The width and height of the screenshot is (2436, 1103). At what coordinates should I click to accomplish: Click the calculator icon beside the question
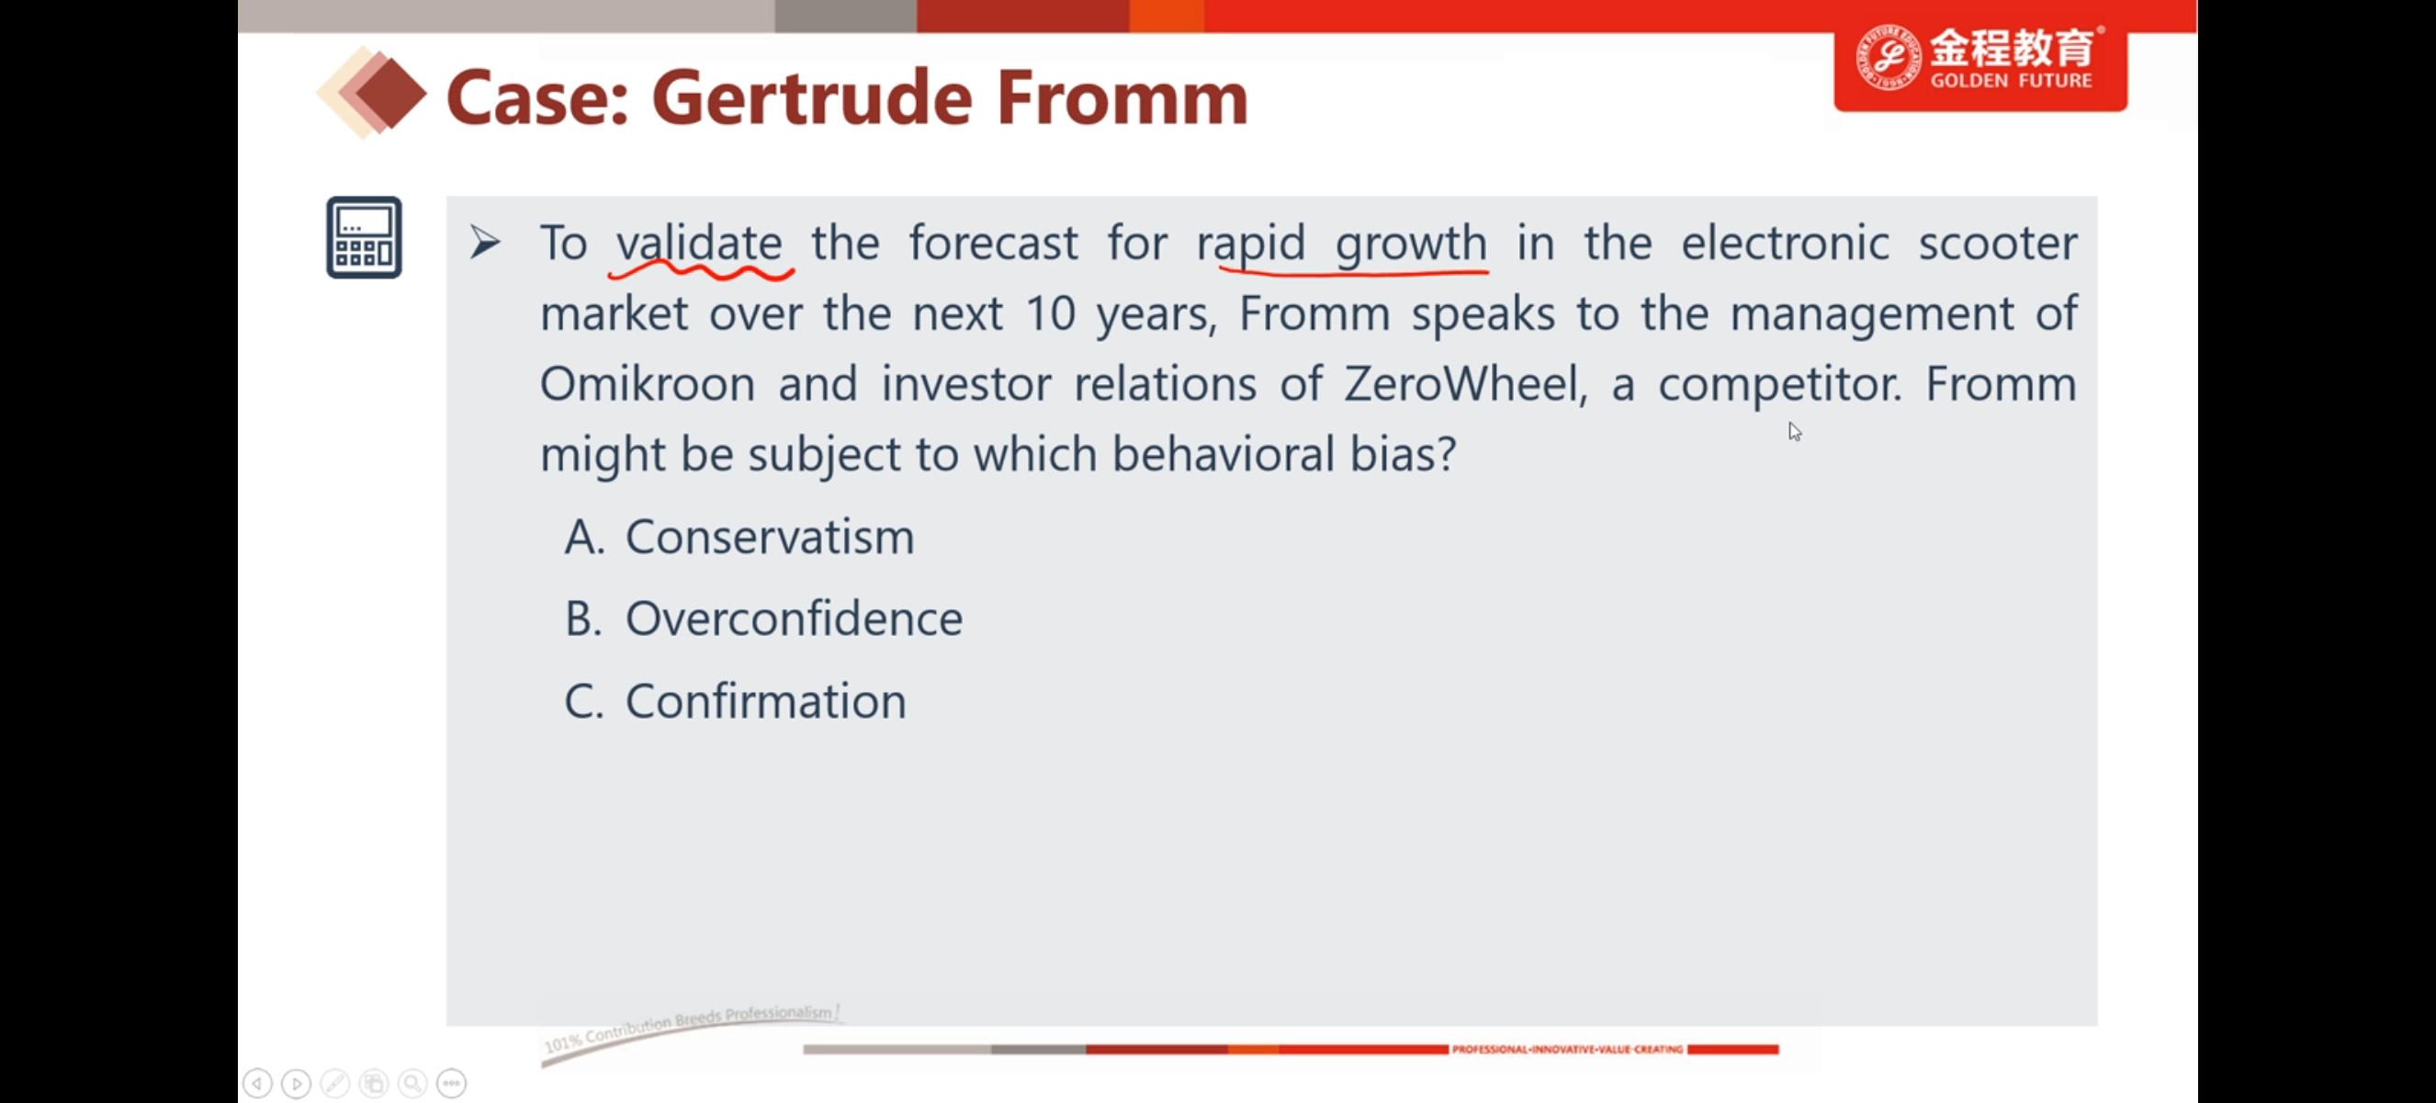tap(364, 237)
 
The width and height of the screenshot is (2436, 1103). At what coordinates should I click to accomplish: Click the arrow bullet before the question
tap(485, 243)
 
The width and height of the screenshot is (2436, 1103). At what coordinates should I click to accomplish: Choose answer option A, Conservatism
tap(739, 538)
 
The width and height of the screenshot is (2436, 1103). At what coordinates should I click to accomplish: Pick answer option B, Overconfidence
tap(764, 619)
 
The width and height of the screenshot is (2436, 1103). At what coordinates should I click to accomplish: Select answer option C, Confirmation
tap(736, 701)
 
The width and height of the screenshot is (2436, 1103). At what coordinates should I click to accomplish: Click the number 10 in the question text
tap(1051, 314)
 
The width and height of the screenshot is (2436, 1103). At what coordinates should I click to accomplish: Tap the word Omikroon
tap(648, 384)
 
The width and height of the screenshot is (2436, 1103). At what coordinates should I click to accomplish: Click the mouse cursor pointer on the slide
tap(1795, 431)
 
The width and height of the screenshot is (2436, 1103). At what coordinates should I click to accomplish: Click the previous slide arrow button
tap(257, 1082)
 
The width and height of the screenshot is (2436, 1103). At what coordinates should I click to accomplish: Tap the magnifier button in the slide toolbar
tap(412, 1082)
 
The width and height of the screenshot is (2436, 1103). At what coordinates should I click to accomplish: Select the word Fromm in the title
tap(1122, 98)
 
